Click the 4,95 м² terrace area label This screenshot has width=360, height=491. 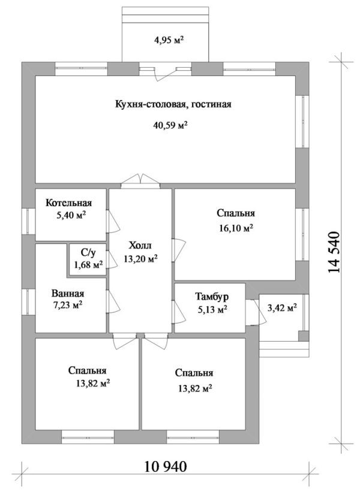pyautogui.click(x=168, y=41)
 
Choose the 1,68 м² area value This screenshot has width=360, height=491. pyautogui.click(x=88, y=264)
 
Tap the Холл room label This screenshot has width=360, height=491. pyautogui.click(x=140, y=246)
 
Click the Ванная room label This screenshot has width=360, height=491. pyautogui.click(x=67, y=294)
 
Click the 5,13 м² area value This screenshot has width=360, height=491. pyautogui.click(x=211, y=309)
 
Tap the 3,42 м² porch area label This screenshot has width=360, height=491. pyautogui.click(x=282, y=308)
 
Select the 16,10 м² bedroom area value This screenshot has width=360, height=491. pyautogui.click(x=235, y=227)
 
